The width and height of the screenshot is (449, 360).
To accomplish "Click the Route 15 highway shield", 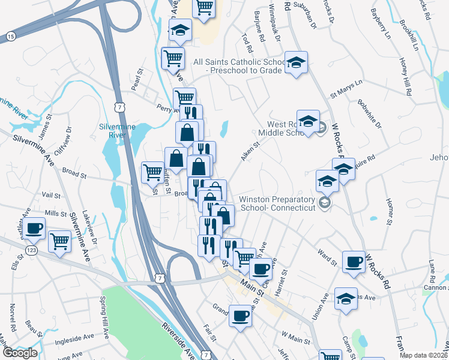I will point(11,37).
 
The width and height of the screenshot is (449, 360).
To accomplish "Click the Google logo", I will point(19,353).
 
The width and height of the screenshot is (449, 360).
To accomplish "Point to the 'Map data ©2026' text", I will point(423,355).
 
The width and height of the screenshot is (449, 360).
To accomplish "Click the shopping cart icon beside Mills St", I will point(60,241).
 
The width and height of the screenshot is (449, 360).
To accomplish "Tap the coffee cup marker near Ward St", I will point(354,261).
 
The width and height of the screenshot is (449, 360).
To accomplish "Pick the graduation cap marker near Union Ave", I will point(346,299).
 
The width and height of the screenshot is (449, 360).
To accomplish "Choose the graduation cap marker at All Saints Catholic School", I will point(295,62).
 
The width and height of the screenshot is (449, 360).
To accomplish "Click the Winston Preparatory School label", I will point(277,203).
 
